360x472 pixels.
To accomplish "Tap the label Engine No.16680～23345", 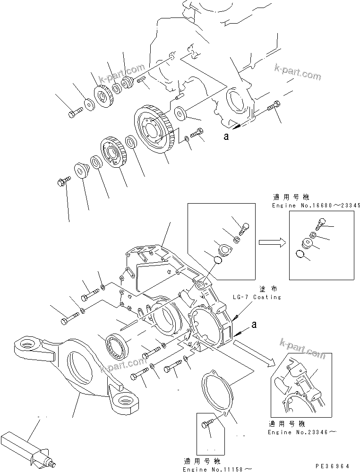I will (316, 206).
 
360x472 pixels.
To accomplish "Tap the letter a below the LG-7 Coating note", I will (255, 325).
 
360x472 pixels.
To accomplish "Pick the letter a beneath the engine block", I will (226, 137).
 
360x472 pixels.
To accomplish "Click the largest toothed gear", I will (154, 130).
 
